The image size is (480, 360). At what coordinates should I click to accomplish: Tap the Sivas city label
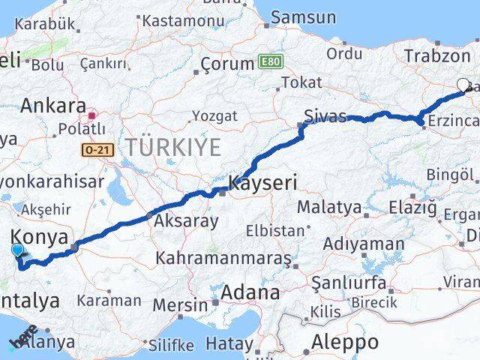click(325, 116)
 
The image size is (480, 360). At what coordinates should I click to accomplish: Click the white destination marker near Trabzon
click(462, 85)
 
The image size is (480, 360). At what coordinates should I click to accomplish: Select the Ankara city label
click(52, 106)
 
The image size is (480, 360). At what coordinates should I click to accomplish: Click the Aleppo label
click(345, 342)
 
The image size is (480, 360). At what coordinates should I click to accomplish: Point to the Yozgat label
click(214, 115)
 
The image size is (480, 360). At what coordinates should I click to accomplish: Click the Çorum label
click(227, 65)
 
